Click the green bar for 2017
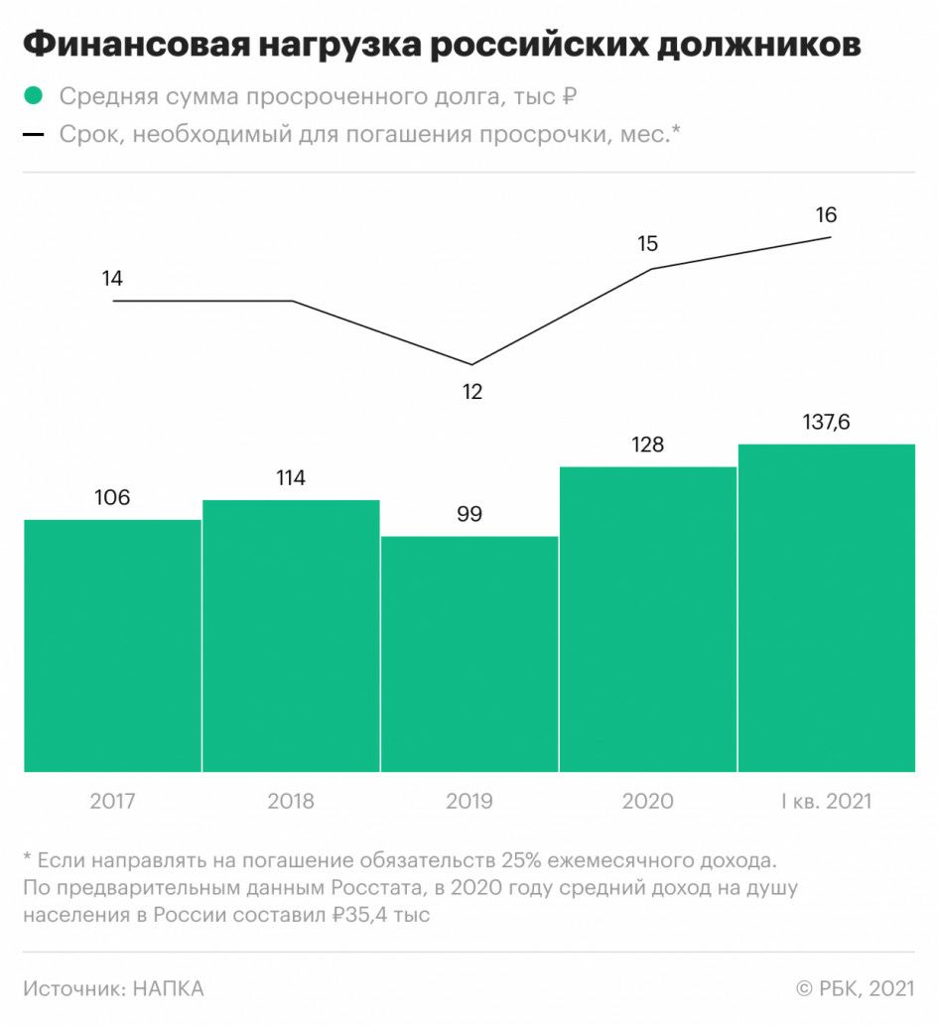click(112, 645)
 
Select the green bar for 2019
click(469, 654)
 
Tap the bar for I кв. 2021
click(827, 607)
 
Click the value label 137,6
click(827, 423)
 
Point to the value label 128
click(648, 445)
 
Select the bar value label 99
click(469, 514)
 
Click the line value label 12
click(471, 392)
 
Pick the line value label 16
click(826, 214)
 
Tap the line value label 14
click(112, 279)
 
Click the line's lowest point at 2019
click(470, 364)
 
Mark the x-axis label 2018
click(291, 801)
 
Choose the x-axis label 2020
click(648, 801)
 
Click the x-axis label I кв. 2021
click(826, 801)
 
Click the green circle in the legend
click(34, 96)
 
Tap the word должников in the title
click(756, 46)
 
